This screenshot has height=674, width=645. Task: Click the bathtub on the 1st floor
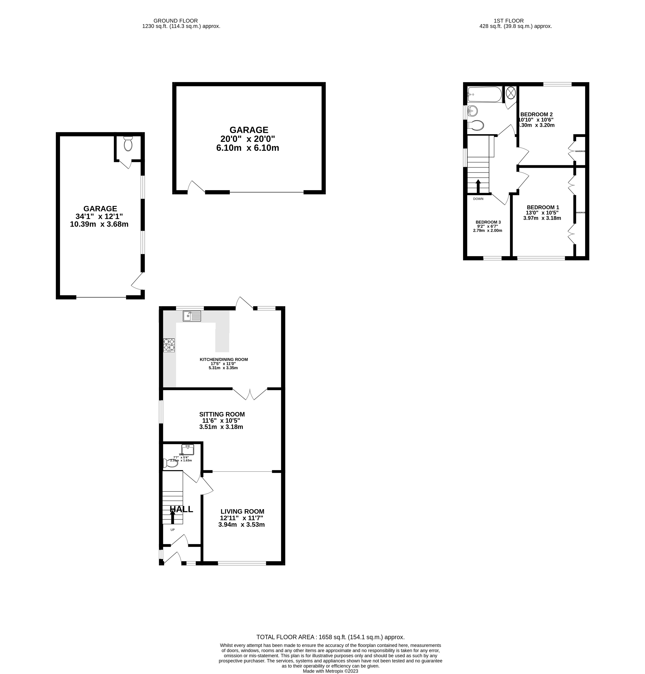click(484, 94)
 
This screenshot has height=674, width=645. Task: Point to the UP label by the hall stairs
click(173, 530)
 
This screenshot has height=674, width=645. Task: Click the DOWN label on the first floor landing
click(478, 199)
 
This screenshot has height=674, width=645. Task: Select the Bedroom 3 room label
click(488, 222)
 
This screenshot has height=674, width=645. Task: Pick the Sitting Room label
click(222, 414)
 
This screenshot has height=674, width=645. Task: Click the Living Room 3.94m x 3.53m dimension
click(241, 525)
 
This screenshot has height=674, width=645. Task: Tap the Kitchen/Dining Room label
click(224, 359)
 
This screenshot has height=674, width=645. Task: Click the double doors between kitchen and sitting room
click(250, 394)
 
